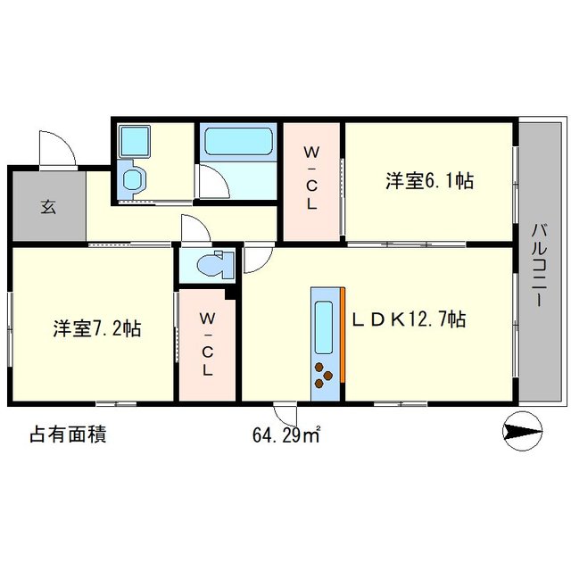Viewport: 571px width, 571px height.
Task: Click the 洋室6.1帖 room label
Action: [428, 181]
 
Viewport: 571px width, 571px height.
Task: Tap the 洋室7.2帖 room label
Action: [95, 328]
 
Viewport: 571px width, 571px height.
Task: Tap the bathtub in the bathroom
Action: [237, 143]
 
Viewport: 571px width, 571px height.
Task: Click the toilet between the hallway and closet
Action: [210, 265]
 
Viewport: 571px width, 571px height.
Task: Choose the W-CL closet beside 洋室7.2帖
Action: [207, 343]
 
